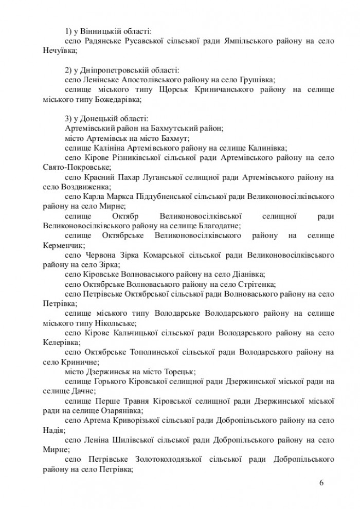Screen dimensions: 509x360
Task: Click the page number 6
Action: (x=321, y=482)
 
